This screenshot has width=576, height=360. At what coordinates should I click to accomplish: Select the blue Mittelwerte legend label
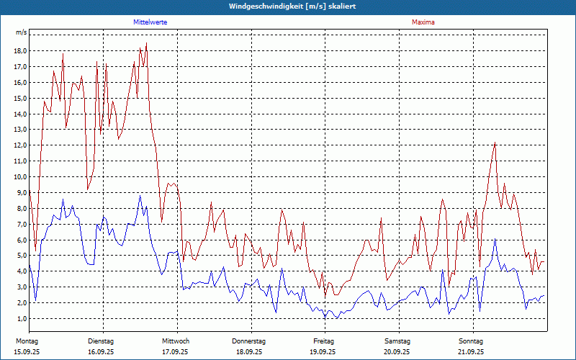coord(150,22)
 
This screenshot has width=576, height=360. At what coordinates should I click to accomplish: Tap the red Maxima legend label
coord(423,22)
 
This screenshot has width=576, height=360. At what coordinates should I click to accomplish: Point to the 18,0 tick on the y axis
coord(19,51)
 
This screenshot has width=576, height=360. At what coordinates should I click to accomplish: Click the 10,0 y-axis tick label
coord(19,177)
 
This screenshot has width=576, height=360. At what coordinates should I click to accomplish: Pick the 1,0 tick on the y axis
coord(21,319)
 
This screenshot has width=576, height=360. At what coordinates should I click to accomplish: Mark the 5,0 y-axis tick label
coord(21,256)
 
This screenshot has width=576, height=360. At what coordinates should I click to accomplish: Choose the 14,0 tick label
coord(19,114)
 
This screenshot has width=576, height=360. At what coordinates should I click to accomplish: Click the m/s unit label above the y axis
coord(21,33)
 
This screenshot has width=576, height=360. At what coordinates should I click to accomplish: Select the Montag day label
coord(27,341)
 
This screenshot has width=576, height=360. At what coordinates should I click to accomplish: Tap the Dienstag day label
coord(101,341)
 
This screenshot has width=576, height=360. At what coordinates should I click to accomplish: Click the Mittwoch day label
coord(175,341)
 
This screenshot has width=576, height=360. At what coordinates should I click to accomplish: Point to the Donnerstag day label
coord(249,341)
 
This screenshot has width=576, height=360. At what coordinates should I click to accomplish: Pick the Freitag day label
coord(323,341)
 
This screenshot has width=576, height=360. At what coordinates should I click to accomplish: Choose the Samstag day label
coord(397,341)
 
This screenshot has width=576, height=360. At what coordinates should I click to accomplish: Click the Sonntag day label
coord(471,341)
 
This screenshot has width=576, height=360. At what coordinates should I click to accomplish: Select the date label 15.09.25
coord(27,352)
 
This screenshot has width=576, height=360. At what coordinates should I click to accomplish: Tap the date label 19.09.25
coord(323,352)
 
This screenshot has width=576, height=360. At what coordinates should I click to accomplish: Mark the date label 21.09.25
coord(471,352)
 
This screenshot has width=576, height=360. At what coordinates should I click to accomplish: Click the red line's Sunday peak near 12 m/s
coord(495,143)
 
